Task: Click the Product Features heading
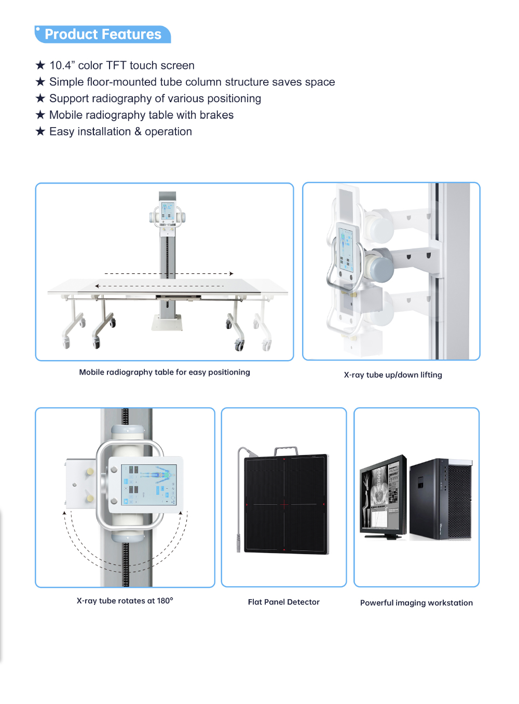(x=103, y=34)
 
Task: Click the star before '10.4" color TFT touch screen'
(x=40, y=65)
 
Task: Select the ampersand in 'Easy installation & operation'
(x=138, y=132)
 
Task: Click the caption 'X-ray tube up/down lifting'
(x=393, y=375)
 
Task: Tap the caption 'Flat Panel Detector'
(x=283, y=602)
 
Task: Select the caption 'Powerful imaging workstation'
(x=417, y=603)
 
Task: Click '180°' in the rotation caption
(x=165, y=601)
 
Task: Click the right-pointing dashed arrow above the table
(x=169, y=274)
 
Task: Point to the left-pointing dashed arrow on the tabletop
(x=159, y=286)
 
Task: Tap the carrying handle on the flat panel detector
(x=286, y=451)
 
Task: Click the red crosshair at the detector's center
(x=284, y=504)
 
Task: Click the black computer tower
(x=441, y=499)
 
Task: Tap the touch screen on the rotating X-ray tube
(x=148, y=485)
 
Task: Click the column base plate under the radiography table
(x=167, y=323)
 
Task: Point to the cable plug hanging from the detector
(x=239, y=543)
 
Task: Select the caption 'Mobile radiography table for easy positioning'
(x=165, y=372)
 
